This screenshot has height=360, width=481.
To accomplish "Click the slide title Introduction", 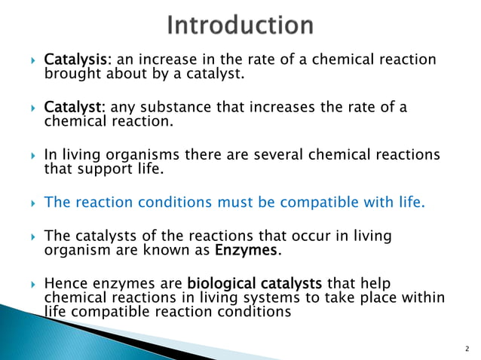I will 240,26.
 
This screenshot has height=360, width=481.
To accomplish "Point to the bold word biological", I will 219,284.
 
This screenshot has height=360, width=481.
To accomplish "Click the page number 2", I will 467,349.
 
